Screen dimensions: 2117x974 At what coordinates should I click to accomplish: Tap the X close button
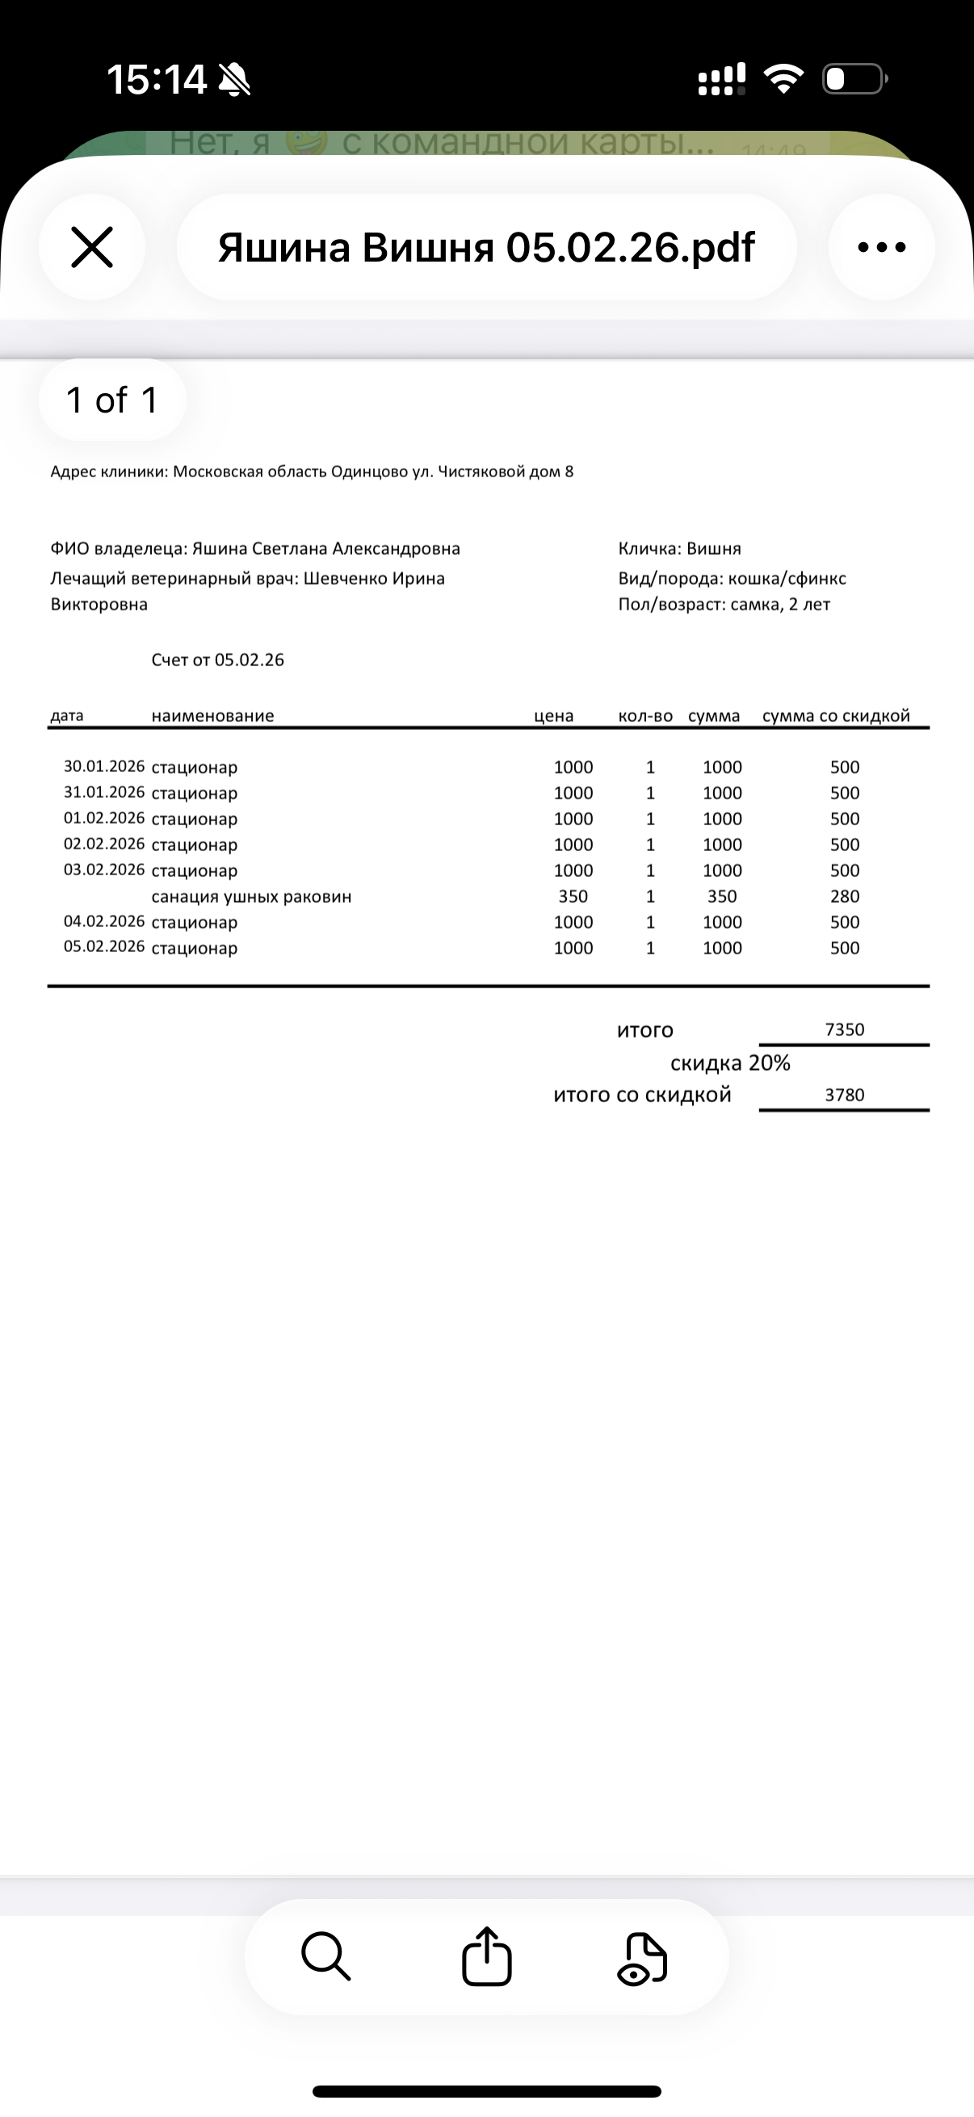point(91,247)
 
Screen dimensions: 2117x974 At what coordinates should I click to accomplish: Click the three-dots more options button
point(881,247)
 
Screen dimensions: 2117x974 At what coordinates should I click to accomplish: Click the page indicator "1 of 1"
point(111,400)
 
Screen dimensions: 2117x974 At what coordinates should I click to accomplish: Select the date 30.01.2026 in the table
point(104,767)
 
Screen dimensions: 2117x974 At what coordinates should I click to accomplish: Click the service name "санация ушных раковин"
point(251,896)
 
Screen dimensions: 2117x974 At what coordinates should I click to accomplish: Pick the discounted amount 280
point(844,896)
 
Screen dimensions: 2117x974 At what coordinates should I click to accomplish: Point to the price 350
point(573,896)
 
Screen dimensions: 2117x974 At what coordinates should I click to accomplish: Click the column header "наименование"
point(212,716)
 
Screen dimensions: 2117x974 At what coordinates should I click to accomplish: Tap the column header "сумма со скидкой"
point(836,716)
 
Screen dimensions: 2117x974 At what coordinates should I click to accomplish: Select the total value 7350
point(844,1029)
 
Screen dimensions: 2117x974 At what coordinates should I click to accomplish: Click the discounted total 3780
point(844,1095)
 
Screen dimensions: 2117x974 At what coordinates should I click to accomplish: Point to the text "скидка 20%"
point(730,1063)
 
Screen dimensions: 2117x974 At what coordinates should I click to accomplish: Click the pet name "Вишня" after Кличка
point(713,549)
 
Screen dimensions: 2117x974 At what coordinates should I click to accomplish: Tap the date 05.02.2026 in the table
point(104,947)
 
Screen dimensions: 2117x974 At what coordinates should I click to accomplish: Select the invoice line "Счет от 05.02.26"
point(218,660)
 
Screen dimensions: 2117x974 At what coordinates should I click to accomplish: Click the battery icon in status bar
point(854,80)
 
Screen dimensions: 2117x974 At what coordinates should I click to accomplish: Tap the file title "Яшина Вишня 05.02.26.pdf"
point(485,247)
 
